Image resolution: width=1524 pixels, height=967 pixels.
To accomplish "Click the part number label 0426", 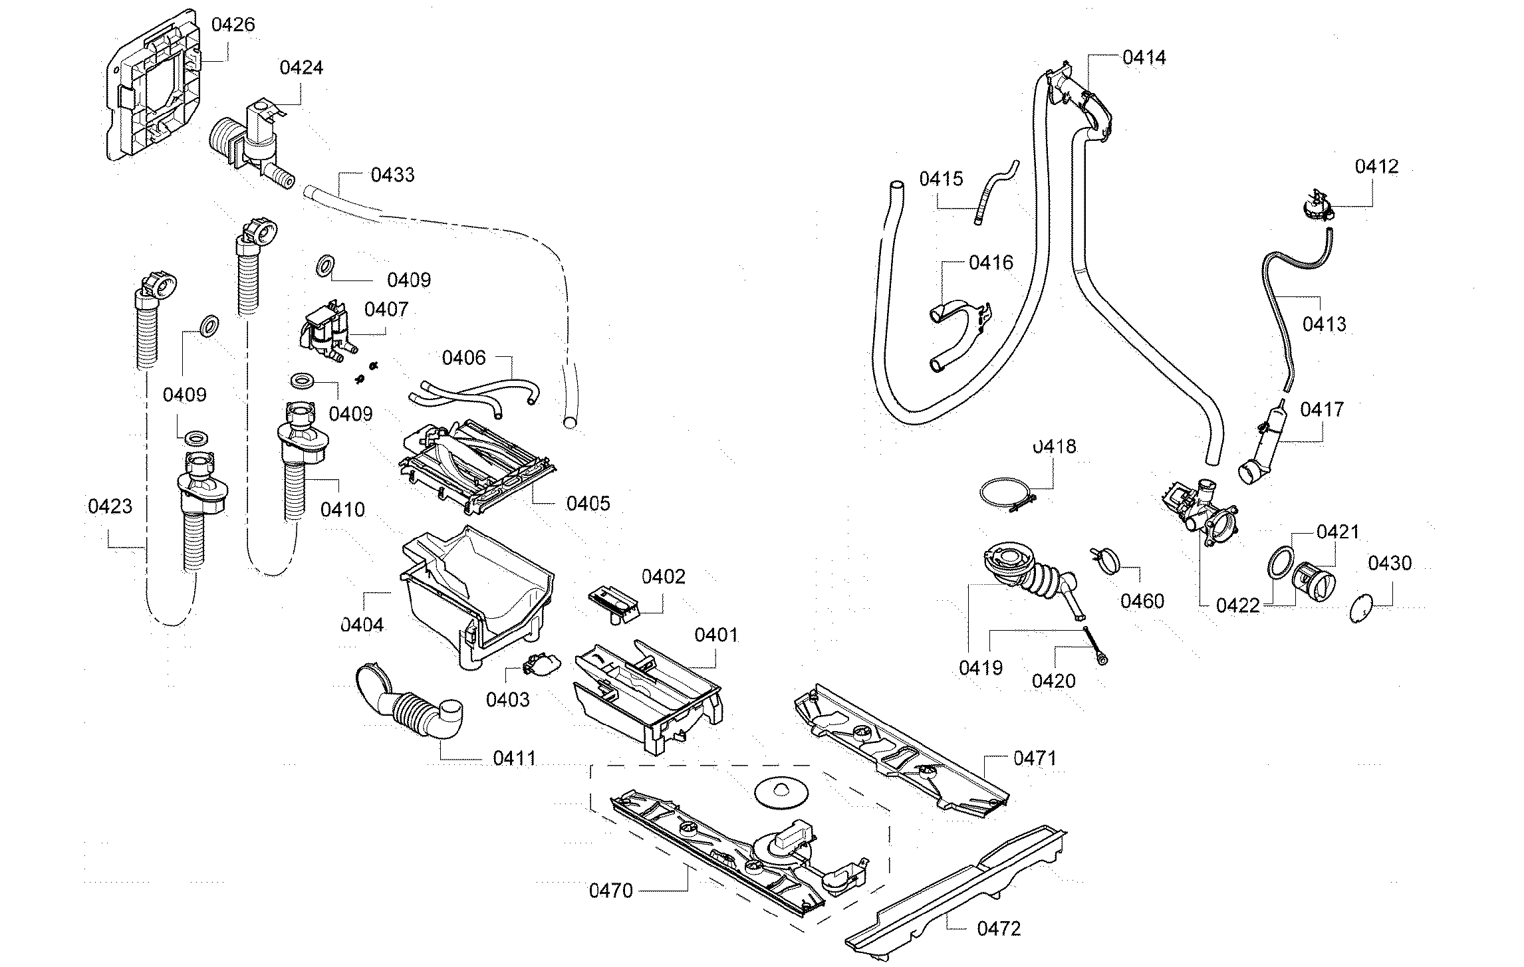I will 233,25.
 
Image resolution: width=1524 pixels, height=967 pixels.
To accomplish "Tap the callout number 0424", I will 301,68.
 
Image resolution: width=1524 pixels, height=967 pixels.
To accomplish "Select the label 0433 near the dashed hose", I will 392,175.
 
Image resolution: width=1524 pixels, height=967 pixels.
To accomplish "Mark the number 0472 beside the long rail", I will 999,928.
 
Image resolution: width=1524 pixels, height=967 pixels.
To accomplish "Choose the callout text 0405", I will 588,503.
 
